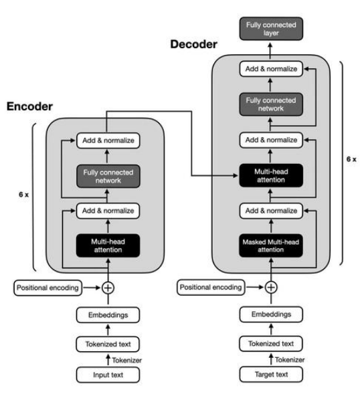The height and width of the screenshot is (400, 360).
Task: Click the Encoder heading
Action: (29, 106)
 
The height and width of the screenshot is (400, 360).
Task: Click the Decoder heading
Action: (193, 44)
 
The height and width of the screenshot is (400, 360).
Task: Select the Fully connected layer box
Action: (271, 29)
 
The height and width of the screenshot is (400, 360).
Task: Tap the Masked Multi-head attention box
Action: (271, 245)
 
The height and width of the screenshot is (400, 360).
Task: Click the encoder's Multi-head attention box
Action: (108, 245)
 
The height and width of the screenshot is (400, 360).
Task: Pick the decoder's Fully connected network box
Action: (271, 104)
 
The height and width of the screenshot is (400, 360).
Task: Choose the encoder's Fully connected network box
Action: (108, 177)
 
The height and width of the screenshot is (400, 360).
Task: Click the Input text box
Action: (108, 375)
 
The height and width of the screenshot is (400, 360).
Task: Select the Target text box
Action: (271, 374)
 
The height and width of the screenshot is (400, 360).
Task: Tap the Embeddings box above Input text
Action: (108, 315)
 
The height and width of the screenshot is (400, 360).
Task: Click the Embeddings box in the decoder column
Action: (271, 314)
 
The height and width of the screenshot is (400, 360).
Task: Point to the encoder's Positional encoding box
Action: (48, 288)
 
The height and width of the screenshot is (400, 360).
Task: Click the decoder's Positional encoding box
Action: (211, 287)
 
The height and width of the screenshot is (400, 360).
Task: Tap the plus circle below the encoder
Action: (108, 288)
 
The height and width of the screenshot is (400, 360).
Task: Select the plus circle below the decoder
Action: (271, 287)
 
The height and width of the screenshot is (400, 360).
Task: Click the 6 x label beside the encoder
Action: (23, 195)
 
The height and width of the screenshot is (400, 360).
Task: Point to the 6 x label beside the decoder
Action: (351, 159)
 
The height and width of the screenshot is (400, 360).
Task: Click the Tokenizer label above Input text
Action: (127, 361)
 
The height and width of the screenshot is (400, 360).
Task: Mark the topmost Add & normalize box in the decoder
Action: (271, 69)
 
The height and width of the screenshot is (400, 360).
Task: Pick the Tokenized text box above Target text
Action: (271, 344)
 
